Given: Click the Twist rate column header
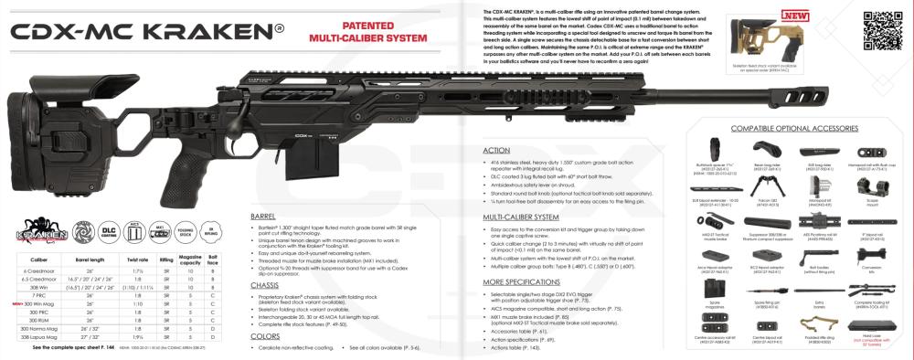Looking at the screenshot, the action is coord(135,259).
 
